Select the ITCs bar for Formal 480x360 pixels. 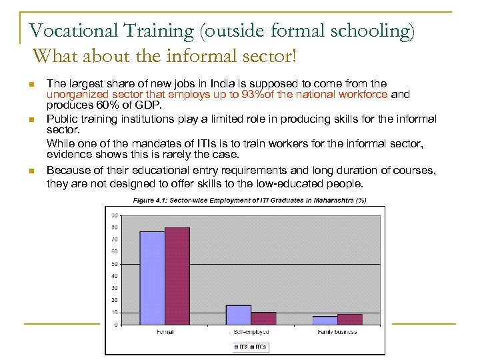pyautogui.click(x=177, y=276)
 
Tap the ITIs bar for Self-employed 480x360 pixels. pyautogui.click(x=238, y=315)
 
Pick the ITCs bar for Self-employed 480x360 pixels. pyautogui.click(x=263, y=318)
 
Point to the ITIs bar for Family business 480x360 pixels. pyautogui.click(x=325, y=320)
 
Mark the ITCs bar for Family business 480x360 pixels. pyautogui.click(x=350, y=319)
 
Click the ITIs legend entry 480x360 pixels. pyautogui.click(x=241, y=347)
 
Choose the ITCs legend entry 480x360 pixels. pyautogui.click(x=259, y=347)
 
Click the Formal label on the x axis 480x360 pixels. pyautogui.click(x=165, y=331)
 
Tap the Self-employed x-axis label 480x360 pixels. pyautogui.click(x=251, y=331)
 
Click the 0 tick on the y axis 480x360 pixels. pyautogui.click(x=116, y=325)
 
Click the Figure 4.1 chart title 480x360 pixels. pyautogui.click(x=249, y=200)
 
